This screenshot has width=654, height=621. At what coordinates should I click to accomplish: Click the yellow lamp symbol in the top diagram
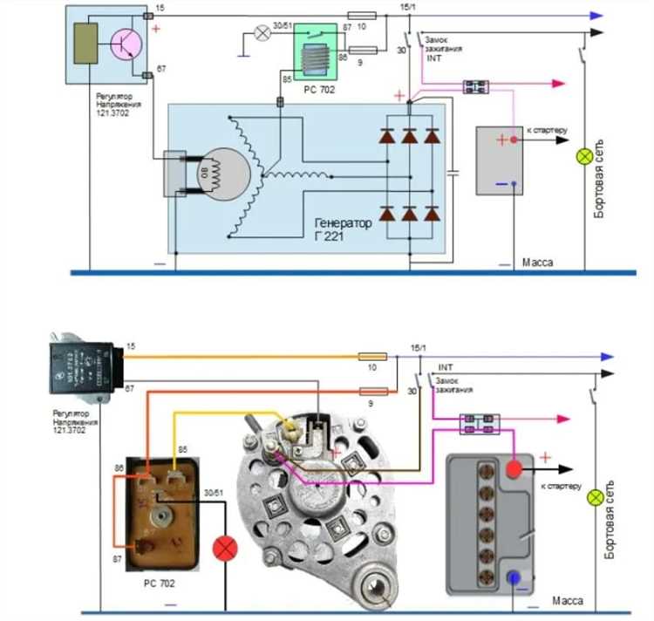tap(586, 156)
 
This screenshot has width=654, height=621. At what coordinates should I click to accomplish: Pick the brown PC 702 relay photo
tap(160, 507)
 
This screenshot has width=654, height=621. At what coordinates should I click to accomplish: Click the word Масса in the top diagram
tap(537, 262)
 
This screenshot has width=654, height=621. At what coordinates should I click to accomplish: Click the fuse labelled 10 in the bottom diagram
tap(373, 357)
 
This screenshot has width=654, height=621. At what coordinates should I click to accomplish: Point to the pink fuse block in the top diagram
tap(475, 85)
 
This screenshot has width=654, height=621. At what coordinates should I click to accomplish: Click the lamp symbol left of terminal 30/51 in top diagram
tap(260, 33)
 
